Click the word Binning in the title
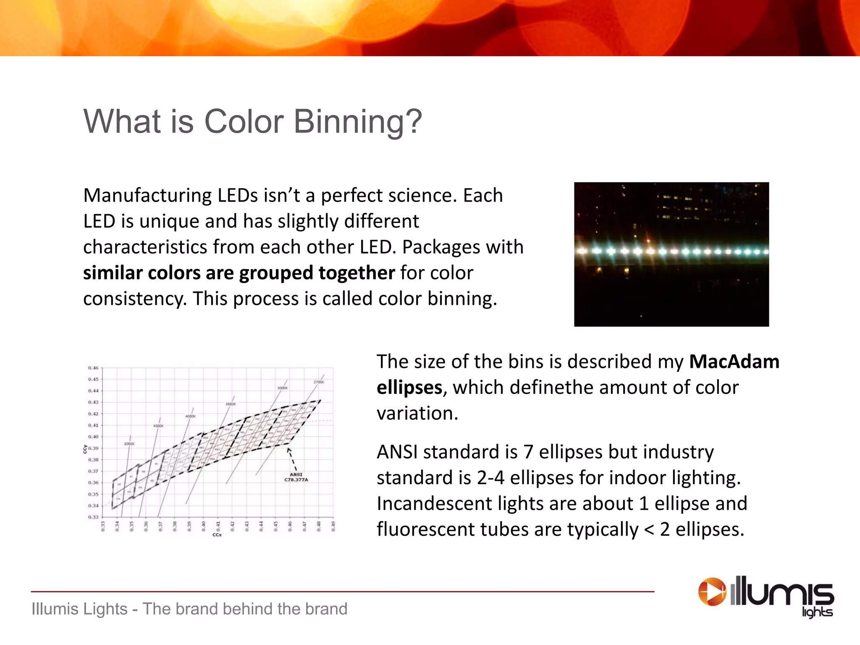[357, 122]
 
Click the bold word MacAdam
[734, 362]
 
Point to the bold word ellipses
[409, 388]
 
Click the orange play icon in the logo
[711, 592]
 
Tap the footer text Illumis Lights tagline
[189, 609]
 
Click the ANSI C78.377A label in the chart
[296, 477]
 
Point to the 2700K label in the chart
[319, 382]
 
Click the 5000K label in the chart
[129, 444]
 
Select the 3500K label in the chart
[231, 404]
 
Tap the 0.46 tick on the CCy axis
[93, 368]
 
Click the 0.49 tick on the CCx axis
[333, 526]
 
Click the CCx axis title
[217, 535]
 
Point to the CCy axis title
[85, 449]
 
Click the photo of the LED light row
[671, 254]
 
